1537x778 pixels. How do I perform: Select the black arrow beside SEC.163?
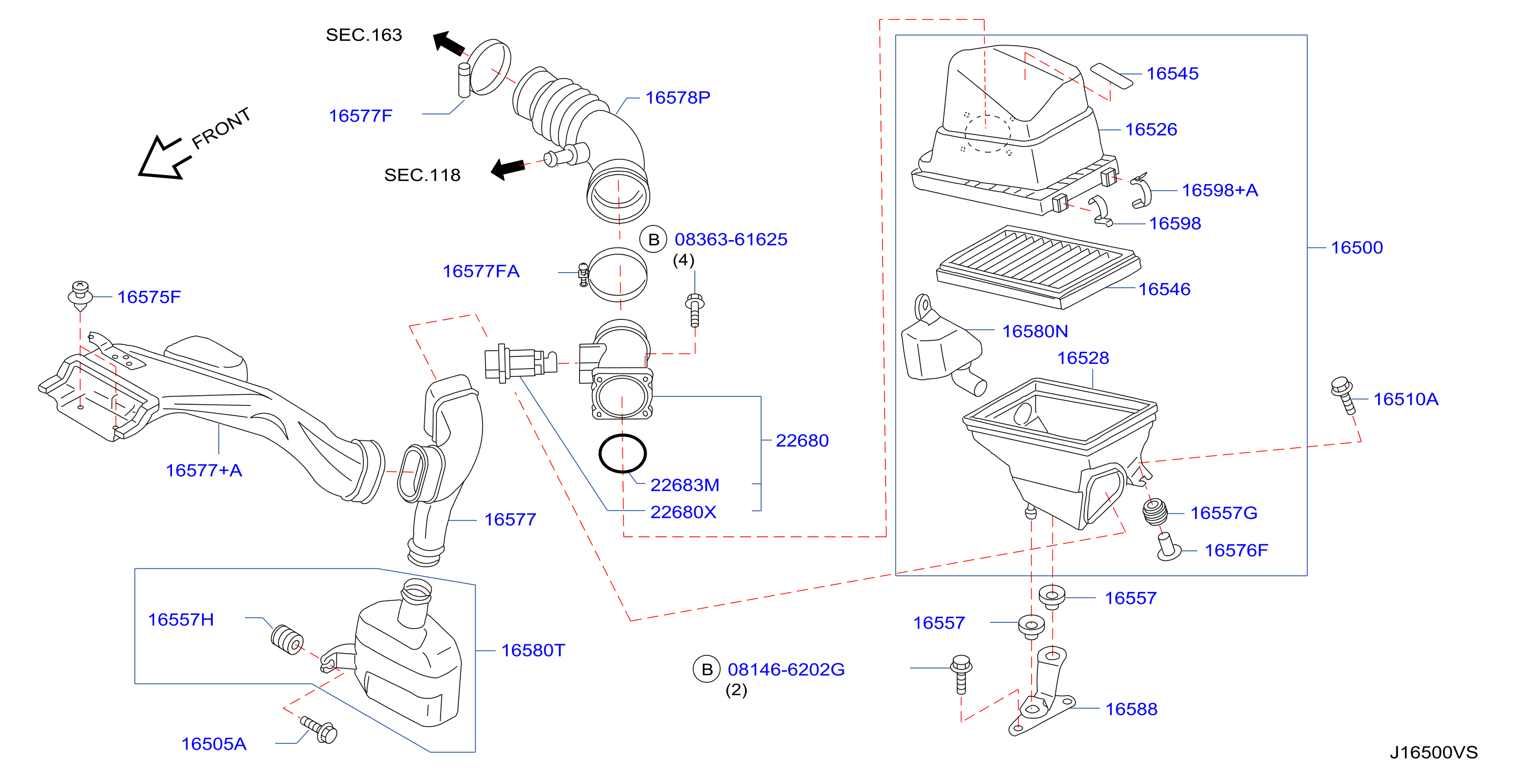[448, 43]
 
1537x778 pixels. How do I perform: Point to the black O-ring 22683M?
[622, 453]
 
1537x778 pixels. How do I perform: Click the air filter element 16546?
[1038, 267]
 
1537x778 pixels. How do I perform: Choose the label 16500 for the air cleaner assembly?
[1357, 247]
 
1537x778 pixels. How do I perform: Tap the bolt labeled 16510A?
[1343, 394]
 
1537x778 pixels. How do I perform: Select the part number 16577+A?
[203, 470]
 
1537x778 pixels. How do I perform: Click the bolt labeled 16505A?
[319, 730]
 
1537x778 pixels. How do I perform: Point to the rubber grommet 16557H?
[287, 639]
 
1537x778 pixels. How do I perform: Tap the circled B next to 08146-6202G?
[706, 669]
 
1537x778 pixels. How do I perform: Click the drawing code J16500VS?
[1434, 752]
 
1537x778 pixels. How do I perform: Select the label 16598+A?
[1220, 190]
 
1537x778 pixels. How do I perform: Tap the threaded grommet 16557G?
[1155, 512]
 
